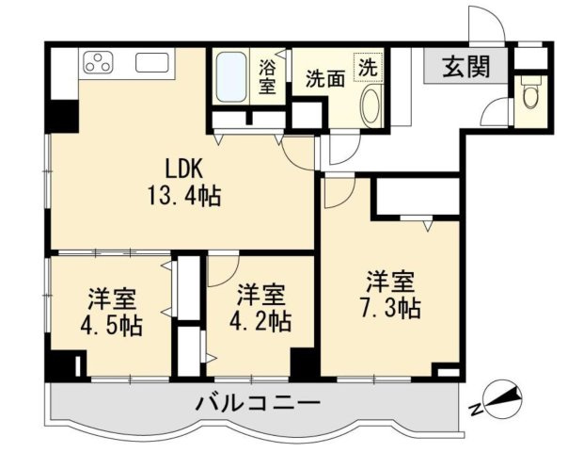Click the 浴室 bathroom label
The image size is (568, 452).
pos(267,77)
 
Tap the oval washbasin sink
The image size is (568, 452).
pos(369,105)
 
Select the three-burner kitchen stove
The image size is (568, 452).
pos(99,64)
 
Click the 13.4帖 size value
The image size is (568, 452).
pos(184,198)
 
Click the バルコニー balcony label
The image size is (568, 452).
pos(258,403)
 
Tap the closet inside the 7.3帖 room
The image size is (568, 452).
pos(416,197)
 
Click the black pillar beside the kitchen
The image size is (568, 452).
pos(65,115)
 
